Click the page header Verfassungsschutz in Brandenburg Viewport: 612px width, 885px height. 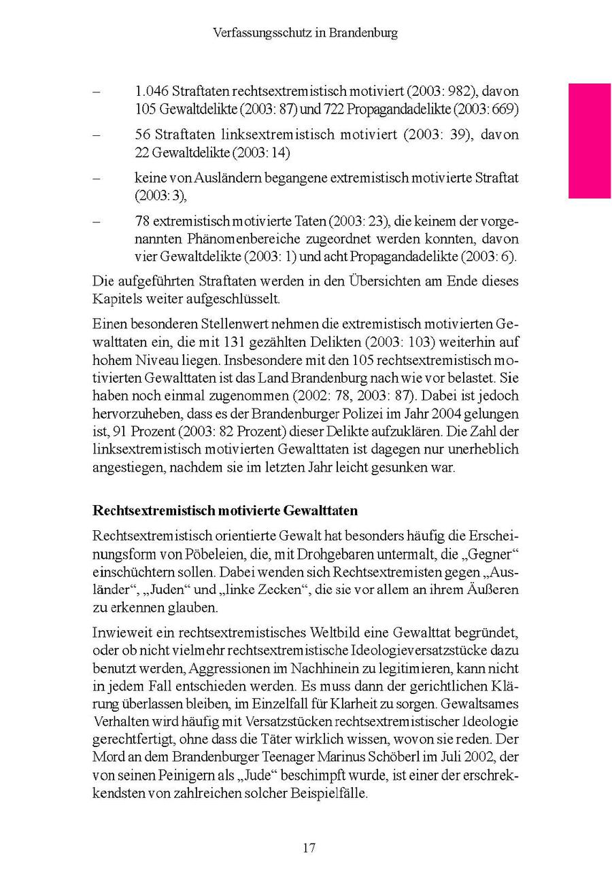(305, 33)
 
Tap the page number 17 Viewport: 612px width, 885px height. (309, 848)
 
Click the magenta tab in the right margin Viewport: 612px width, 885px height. (590, 141)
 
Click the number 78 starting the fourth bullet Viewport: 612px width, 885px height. (142, 222)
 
